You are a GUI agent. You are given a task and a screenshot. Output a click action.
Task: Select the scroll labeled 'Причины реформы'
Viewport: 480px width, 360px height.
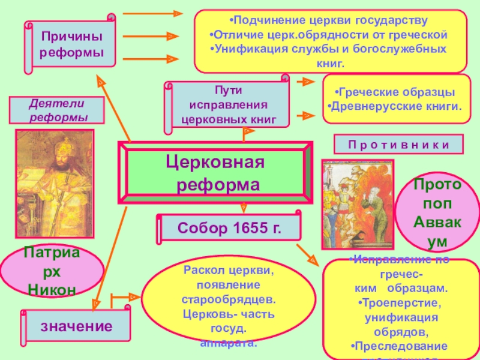[x=70, y=46]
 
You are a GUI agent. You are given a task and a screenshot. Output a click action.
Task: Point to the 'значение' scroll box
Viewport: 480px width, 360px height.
[x=76, y=326]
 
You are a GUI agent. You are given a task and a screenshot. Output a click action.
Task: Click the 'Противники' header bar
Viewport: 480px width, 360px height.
[x=399, y=145]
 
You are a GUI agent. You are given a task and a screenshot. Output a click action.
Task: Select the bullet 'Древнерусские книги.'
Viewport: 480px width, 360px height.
[x=395, y=107]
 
